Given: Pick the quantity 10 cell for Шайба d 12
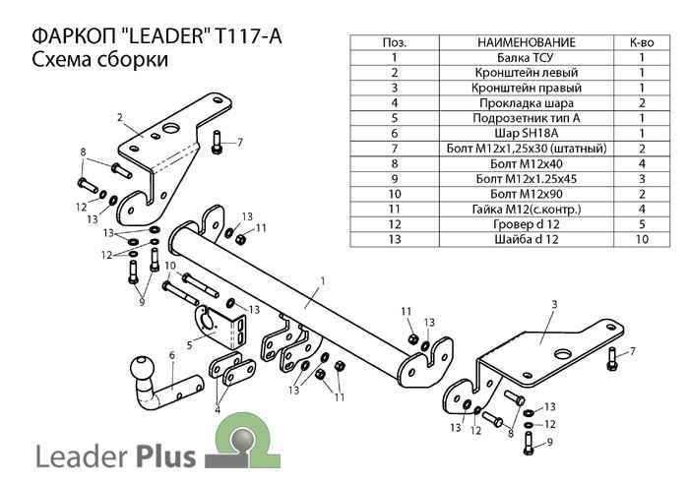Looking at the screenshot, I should [641, 237].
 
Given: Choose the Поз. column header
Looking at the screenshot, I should [394, 43].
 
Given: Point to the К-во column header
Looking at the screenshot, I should [641, 43].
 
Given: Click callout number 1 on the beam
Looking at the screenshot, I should [322, 280].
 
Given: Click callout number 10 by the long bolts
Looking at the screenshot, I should [169, 266].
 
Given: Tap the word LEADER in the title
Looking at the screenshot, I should [155, 35].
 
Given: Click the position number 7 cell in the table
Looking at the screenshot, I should [394, 148].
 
